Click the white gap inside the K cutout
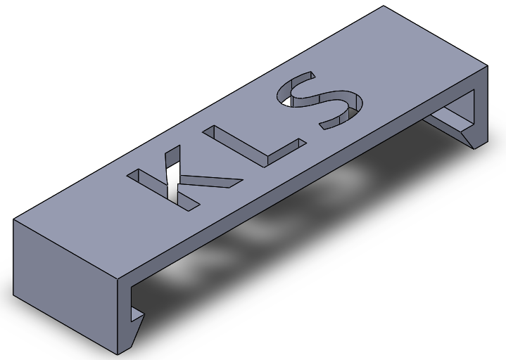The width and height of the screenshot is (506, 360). [172, 182]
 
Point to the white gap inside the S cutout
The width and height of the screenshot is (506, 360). [287, 102]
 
